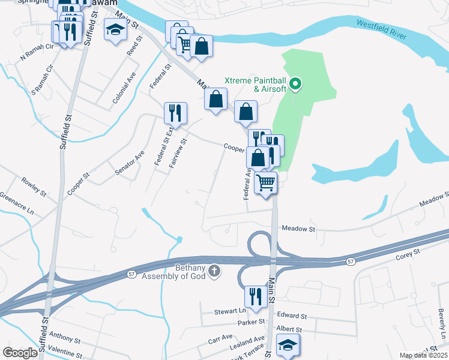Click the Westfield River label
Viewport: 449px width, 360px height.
click(382, 30)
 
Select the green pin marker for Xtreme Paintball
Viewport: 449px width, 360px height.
click(295, 84)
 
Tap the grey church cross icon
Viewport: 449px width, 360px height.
click(214, 272)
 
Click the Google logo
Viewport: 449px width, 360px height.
click(20, 353)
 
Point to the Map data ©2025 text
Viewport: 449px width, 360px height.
click(423, 355)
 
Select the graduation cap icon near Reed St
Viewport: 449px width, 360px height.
click(114, 30)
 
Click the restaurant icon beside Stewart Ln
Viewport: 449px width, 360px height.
click(256, 296)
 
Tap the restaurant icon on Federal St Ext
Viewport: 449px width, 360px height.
click(175, 112)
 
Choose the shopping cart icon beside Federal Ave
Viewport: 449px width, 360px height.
click(265, 182)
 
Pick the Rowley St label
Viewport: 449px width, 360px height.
click(34, 186)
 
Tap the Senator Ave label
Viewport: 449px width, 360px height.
click(130, 163)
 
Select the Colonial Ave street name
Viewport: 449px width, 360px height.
click(124, 89)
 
